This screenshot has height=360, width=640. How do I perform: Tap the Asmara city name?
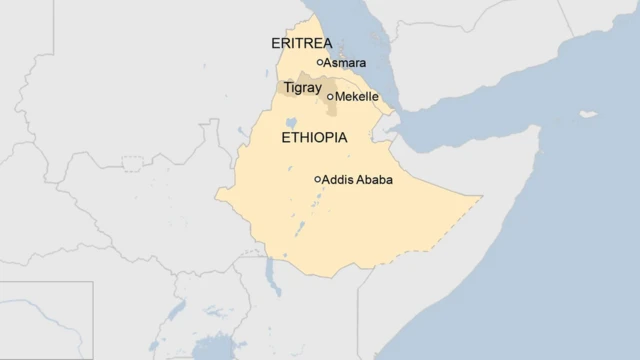tap(345, 63)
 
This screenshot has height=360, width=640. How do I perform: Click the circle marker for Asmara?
tap(320, 62)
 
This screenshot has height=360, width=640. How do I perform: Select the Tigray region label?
tap(302, 88)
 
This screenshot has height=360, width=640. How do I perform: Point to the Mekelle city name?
tap(357, 97)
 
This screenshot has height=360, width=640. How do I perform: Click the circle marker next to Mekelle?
tap(330, 97)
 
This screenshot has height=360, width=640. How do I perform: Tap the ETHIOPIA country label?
tap(315, 138)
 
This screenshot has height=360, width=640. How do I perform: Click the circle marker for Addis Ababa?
tap(318, 180)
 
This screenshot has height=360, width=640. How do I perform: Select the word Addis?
tap(338, 180)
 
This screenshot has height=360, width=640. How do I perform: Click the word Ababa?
tap(374, 180)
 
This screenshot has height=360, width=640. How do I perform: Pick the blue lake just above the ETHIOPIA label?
tap(290, 122)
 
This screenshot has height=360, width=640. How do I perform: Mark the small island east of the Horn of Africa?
tap(589, 114)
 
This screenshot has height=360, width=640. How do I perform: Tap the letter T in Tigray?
tap(288, 88)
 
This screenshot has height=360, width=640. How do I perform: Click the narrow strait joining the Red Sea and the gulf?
tap(397, 120)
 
